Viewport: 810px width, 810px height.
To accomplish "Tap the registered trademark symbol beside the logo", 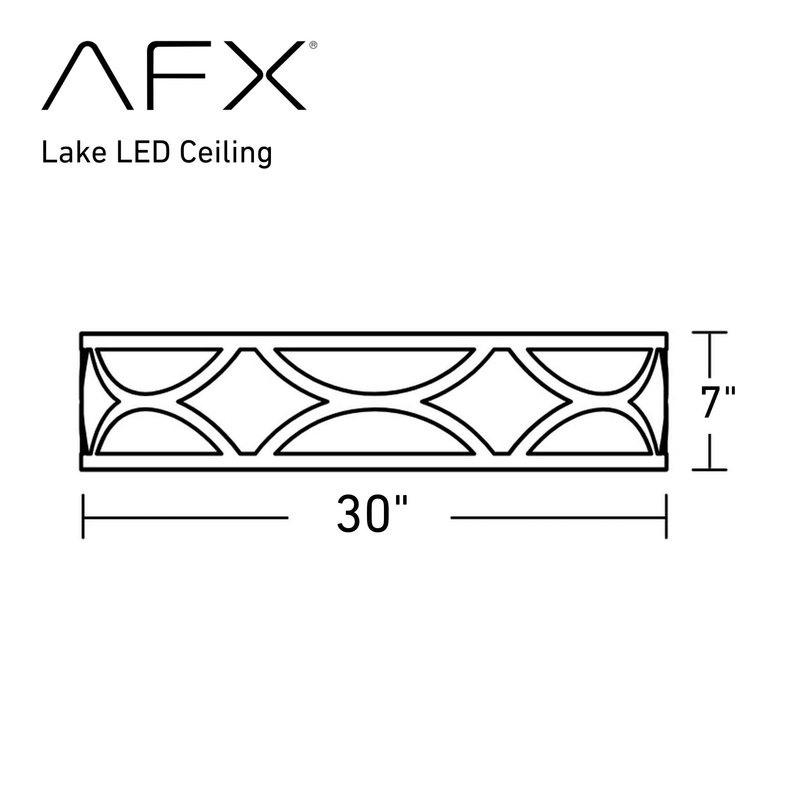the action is (313, 45).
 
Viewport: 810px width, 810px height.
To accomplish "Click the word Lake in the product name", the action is (74, 153).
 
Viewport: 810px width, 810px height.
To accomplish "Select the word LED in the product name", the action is (143, 153).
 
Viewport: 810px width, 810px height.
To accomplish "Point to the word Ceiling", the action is (226, 154).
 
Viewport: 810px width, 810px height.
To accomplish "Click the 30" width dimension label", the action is (372, 514).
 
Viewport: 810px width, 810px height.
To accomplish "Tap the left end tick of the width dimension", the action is (83, 516).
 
